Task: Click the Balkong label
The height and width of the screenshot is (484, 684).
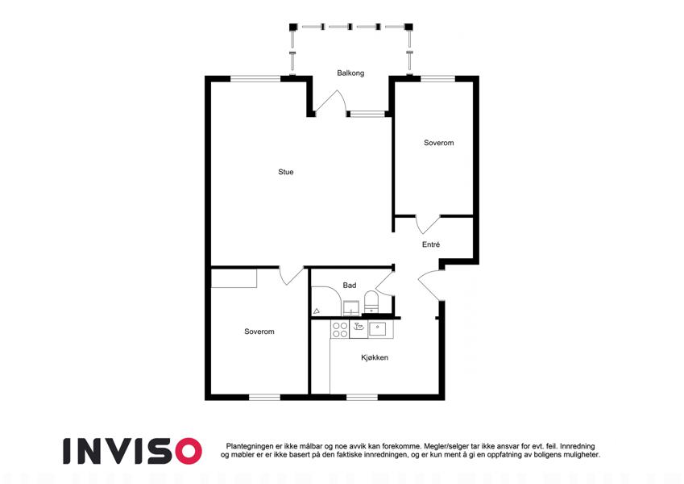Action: point(350,73)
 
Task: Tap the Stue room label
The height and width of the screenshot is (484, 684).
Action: point(286,172)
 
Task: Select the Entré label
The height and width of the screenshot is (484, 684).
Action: point(431,244)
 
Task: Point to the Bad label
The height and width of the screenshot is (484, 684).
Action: point(350,286)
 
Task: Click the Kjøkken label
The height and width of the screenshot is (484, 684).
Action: point(375,357)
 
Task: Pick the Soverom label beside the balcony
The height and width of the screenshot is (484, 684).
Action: point(439,143)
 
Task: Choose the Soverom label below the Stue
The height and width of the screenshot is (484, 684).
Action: point(259,332)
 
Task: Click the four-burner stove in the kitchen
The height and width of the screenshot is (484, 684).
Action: point(340,330)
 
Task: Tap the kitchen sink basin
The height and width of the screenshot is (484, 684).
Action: point(378,328)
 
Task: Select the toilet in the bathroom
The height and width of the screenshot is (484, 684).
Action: point(371,302)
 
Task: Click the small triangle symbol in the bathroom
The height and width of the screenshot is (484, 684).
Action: point(317,311)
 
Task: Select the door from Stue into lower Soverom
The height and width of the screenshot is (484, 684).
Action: point(292,276)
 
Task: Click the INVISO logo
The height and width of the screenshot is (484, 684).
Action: point(132,451)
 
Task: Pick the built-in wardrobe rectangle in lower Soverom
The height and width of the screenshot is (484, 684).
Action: point(234,278)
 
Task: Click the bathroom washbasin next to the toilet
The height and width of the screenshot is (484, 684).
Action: point(350,308)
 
